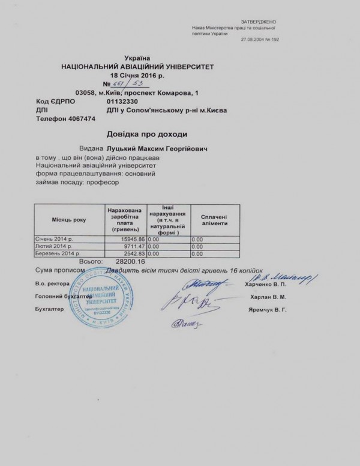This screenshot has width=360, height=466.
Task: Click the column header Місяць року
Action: pyautogui.click(x=68, y=220)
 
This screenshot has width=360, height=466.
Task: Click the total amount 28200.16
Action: pyautogui.click(x=130, y=262)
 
